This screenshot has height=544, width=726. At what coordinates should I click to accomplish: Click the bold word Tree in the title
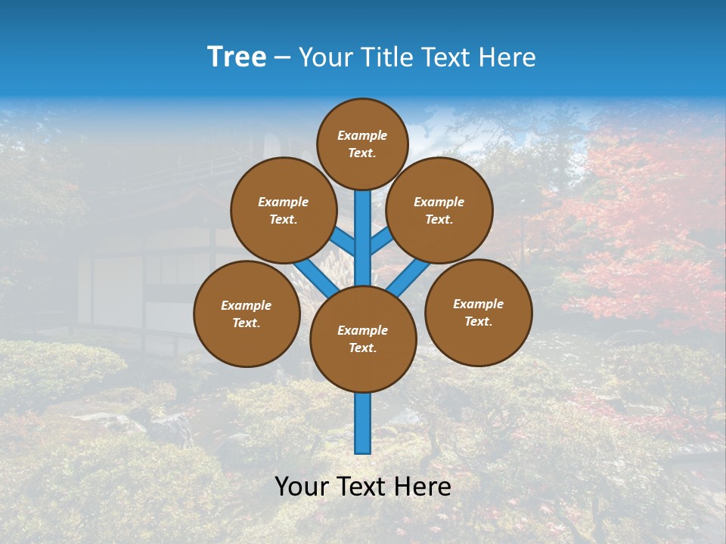coord(237,57)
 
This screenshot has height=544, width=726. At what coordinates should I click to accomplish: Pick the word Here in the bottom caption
coord(422,487)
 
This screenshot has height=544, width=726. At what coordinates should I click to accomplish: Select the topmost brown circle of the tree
coord(362,144)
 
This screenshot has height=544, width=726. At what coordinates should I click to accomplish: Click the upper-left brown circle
coord(284,210)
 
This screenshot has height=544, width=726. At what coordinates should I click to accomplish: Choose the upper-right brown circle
coord(439,210)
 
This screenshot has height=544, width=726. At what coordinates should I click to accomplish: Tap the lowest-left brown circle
coord(247,314)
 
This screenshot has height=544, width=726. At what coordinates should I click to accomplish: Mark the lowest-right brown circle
coord(478,312)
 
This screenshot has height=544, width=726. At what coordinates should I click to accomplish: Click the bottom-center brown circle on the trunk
coord(363,338)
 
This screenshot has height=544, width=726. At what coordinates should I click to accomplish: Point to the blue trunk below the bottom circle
coord(363,423)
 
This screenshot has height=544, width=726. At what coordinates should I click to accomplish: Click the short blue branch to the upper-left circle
coord(344,242)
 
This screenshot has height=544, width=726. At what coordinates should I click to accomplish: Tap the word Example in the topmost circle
coord(362,135)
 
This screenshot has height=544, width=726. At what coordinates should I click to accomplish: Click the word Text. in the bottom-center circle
coord(362,348)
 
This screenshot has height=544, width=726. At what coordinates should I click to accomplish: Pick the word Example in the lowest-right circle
coord(478,304)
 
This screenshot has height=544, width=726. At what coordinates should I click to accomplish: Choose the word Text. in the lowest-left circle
coord(247,323)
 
